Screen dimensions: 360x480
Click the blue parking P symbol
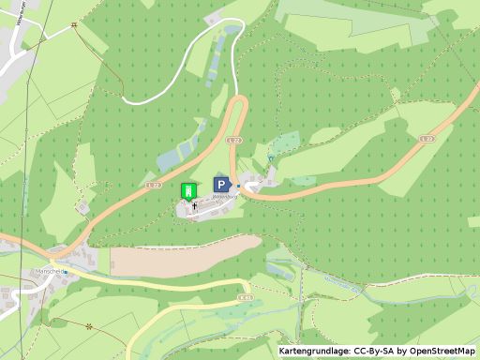(x=221, y=185)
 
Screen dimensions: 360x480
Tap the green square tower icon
(x=187, y=189)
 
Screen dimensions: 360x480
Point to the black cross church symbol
(x=194, y=203)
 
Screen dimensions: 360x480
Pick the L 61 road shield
(x=246, y=297)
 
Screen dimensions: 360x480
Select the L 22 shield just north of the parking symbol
(x=234, y=140)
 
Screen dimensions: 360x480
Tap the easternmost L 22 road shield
(x=427, y=138)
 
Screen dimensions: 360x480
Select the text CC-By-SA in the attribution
(x=375, y=351)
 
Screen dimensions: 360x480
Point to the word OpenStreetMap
(x=441, y=351)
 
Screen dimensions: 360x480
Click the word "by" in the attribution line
(x=400, y=351)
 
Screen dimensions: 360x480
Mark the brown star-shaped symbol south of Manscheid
(x=89, y=326)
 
